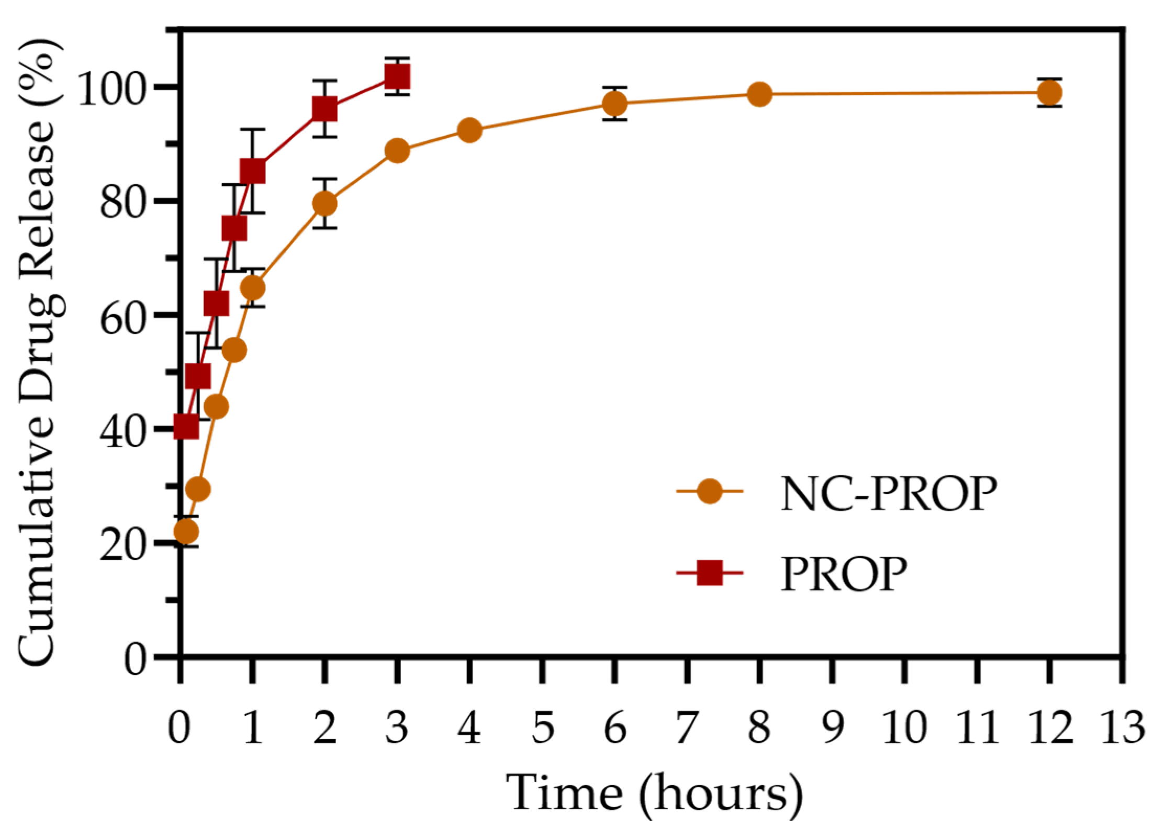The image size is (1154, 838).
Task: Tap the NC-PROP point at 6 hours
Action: pos(614,104)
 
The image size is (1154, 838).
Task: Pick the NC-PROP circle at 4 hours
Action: pos(469,130)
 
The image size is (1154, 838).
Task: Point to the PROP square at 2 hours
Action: pos(324,109)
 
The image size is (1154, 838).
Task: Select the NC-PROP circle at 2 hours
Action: pos(324,204)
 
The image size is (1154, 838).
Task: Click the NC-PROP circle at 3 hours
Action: pos(397,151)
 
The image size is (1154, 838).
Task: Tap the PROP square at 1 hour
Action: pos(252,171)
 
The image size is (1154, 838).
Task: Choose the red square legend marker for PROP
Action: pos(710,573)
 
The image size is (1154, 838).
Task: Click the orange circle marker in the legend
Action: pos(710,493)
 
